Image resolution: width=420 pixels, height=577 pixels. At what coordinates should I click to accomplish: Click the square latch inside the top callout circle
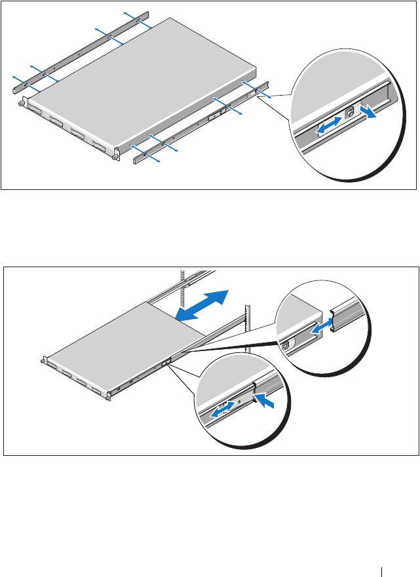pyautogui.click(x=349, y=112)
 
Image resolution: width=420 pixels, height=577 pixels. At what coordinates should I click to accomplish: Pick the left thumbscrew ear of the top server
pyautogui.click(x=22, y=102)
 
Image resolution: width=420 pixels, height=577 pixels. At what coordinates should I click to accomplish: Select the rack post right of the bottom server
pyautogui.click(x=248, y=327)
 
